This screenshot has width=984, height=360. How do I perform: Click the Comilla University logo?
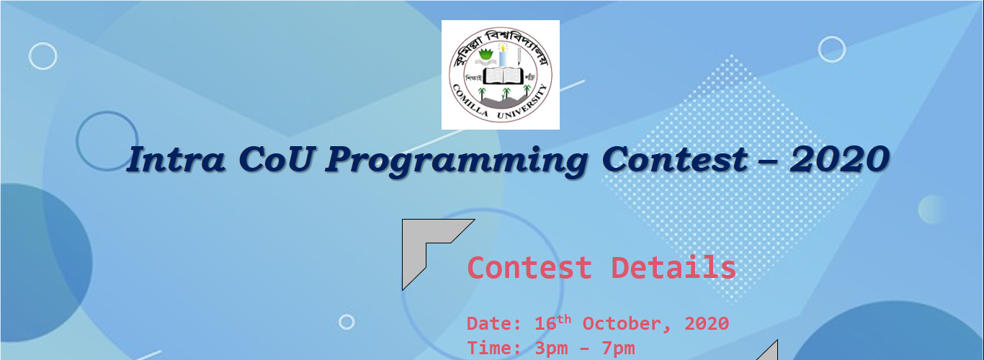click(x=501, y=75)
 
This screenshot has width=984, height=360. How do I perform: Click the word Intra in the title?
click(x=176, y=159)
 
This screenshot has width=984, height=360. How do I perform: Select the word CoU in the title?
click(x=277, y=159)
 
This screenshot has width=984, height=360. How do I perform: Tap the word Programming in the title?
click(x=457, y=161)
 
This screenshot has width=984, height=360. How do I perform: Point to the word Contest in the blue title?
click(x=675, y=159)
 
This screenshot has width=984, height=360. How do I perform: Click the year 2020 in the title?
click(x=839, y=159)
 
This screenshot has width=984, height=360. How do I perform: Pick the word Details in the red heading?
click(x=674, y=267)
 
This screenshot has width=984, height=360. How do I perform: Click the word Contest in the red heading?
click(x=529, y=267)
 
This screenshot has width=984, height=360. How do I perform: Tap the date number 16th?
click(x=553, y=323)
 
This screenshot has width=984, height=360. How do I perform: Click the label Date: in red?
click(x=494, y=324)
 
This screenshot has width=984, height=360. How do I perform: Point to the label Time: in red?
click(x=494, y=348)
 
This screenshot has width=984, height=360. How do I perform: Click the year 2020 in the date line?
click(x=707, y=324)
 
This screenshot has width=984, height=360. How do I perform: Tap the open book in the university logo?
click(x=504, y=76)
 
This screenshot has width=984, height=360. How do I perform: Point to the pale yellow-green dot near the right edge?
click(x=931, y=210)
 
